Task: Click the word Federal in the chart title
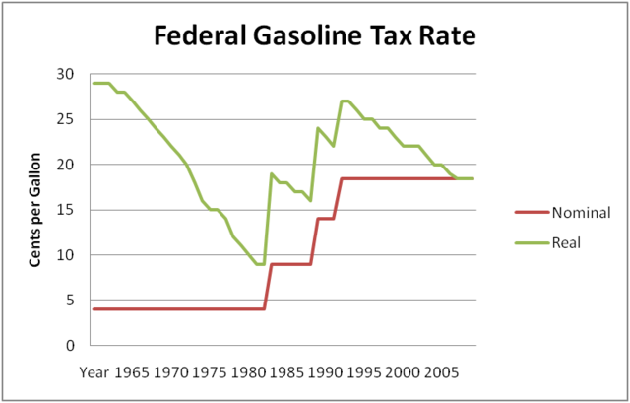[199, 38]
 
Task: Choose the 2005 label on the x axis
[440, 373]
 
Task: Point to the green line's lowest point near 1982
[260, 264]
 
